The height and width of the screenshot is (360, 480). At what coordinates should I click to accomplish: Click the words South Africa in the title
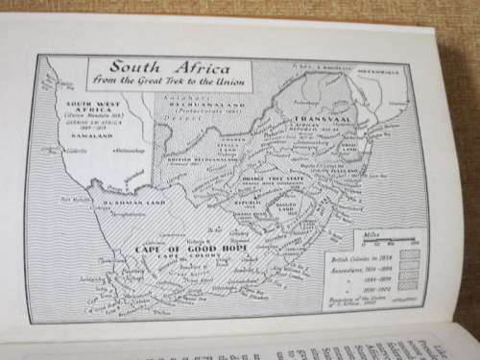(169, 70)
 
